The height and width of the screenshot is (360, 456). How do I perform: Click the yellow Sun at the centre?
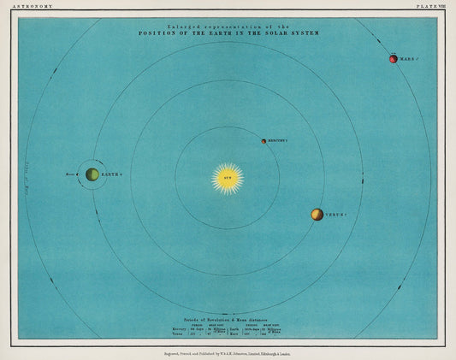[228, 178]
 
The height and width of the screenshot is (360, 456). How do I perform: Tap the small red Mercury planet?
[264, 140]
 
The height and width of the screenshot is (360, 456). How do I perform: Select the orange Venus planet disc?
[317, 215]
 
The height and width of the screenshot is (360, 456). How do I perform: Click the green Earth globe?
[92, 174]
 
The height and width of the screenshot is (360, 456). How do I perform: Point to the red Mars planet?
[394, 60]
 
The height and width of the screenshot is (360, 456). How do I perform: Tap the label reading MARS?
[408, 60]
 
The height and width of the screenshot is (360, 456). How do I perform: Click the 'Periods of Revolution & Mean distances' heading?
[228, 319]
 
